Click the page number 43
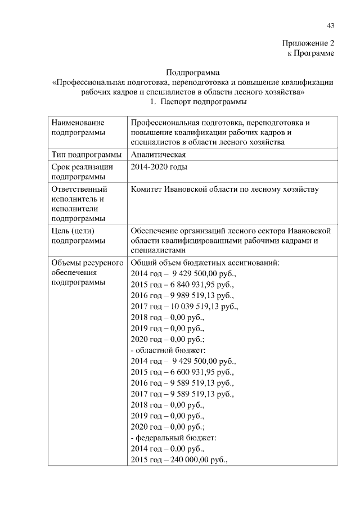point(330,25)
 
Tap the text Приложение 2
point(308,43)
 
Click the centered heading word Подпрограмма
point(193,72)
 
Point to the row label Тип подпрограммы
point(85,155)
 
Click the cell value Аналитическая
point(158,155)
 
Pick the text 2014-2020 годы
point(159,167)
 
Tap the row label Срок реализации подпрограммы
point(82,172)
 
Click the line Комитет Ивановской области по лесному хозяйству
point(224,189)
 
